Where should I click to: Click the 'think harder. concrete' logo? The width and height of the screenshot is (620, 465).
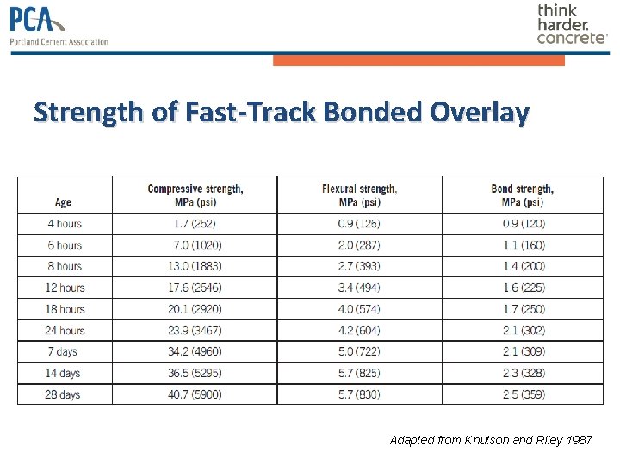tap(572, 24)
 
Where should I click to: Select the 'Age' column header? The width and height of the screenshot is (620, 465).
tap(63, 202)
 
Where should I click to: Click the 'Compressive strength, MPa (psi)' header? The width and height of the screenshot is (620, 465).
tap(195, 195)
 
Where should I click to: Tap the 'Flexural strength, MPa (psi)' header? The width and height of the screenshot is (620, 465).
tap(360, 195)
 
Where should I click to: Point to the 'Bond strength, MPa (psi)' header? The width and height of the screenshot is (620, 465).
tap(523, 195)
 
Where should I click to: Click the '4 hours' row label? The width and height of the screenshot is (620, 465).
tap(65, 224)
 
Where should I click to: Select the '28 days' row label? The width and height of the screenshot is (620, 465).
tap(65, 394)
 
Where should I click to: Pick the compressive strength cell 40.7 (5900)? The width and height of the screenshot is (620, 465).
tap(195, 394)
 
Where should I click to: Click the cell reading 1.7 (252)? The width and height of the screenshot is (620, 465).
tap(195, 224)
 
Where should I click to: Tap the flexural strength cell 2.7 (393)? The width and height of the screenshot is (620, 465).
tap(360, 266)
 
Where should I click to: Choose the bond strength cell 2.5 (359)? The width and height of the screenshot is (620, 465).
tap(524, 394)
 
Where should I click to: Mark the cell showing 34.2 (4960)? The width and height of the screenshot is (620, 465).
tap(195, 351)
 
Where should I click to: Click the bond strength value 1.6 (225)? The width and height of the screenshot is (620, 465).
tap(524, 288)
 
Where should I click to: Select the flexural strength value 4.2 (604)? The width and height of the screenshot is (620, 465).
tap(360, 331)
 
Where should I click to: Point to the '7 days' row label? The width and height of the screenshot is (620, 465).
tap(65, 351)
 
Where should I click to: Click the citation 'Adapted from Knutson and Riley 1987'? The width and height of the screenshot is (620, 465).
tap(491, 440)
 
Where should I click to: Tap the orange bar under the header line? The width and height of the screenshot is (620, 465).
tap(418, 60)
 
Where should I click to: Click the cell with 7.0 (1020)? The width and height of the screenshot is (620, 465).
tap(195, 245)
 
